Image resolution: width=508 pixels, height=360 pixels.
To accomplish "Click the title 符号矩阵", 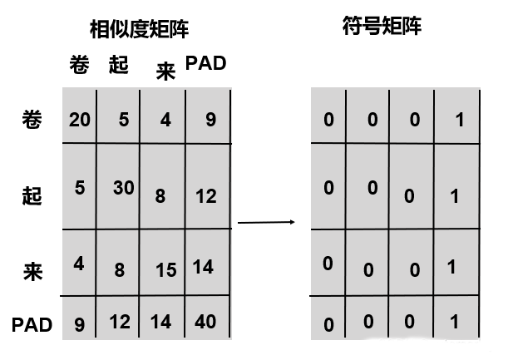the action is point(382,27).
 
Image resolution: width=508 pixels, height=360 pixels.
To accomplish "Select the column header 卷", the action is point(78,66).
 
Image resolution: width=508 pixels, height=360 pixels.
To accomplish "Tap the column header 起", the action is point(119,65).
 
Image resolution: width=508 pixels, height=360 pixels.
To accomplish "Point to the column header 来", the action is point(165,72).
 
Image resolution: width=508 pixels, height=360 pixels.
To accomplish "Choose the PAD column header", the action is point(205,63).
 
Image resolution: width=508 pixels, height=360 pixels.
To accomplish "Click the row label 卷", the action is point(31,119).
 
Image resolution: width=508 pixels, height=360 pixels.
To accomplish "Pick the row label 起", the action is point(31,196).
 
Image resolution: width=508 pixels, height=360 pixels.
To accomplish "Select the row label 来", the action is point(32,272).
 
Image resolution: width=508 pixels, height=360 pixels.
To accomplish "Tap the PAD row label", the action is point(32,324).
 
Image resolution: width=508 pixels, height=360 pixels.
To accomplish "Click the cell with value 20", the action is point(80,120).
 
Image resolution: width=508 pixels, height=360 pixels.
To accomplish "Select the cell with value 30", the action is point(124,188).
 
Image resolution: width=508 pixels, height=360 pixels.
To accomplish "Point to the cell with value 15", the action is point(166,270).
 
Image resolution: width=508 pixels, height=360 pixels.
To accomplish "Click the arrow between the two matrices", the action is point(266,222).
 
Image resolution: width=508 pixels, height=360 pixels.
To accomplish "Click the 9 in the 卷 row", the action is point(210,120).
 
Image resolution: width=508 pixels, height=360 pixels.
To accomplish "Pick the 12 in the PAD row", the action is point(121,321).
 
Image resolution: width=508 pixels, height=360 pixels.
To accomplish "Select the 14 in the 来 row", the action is point(204,267).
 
